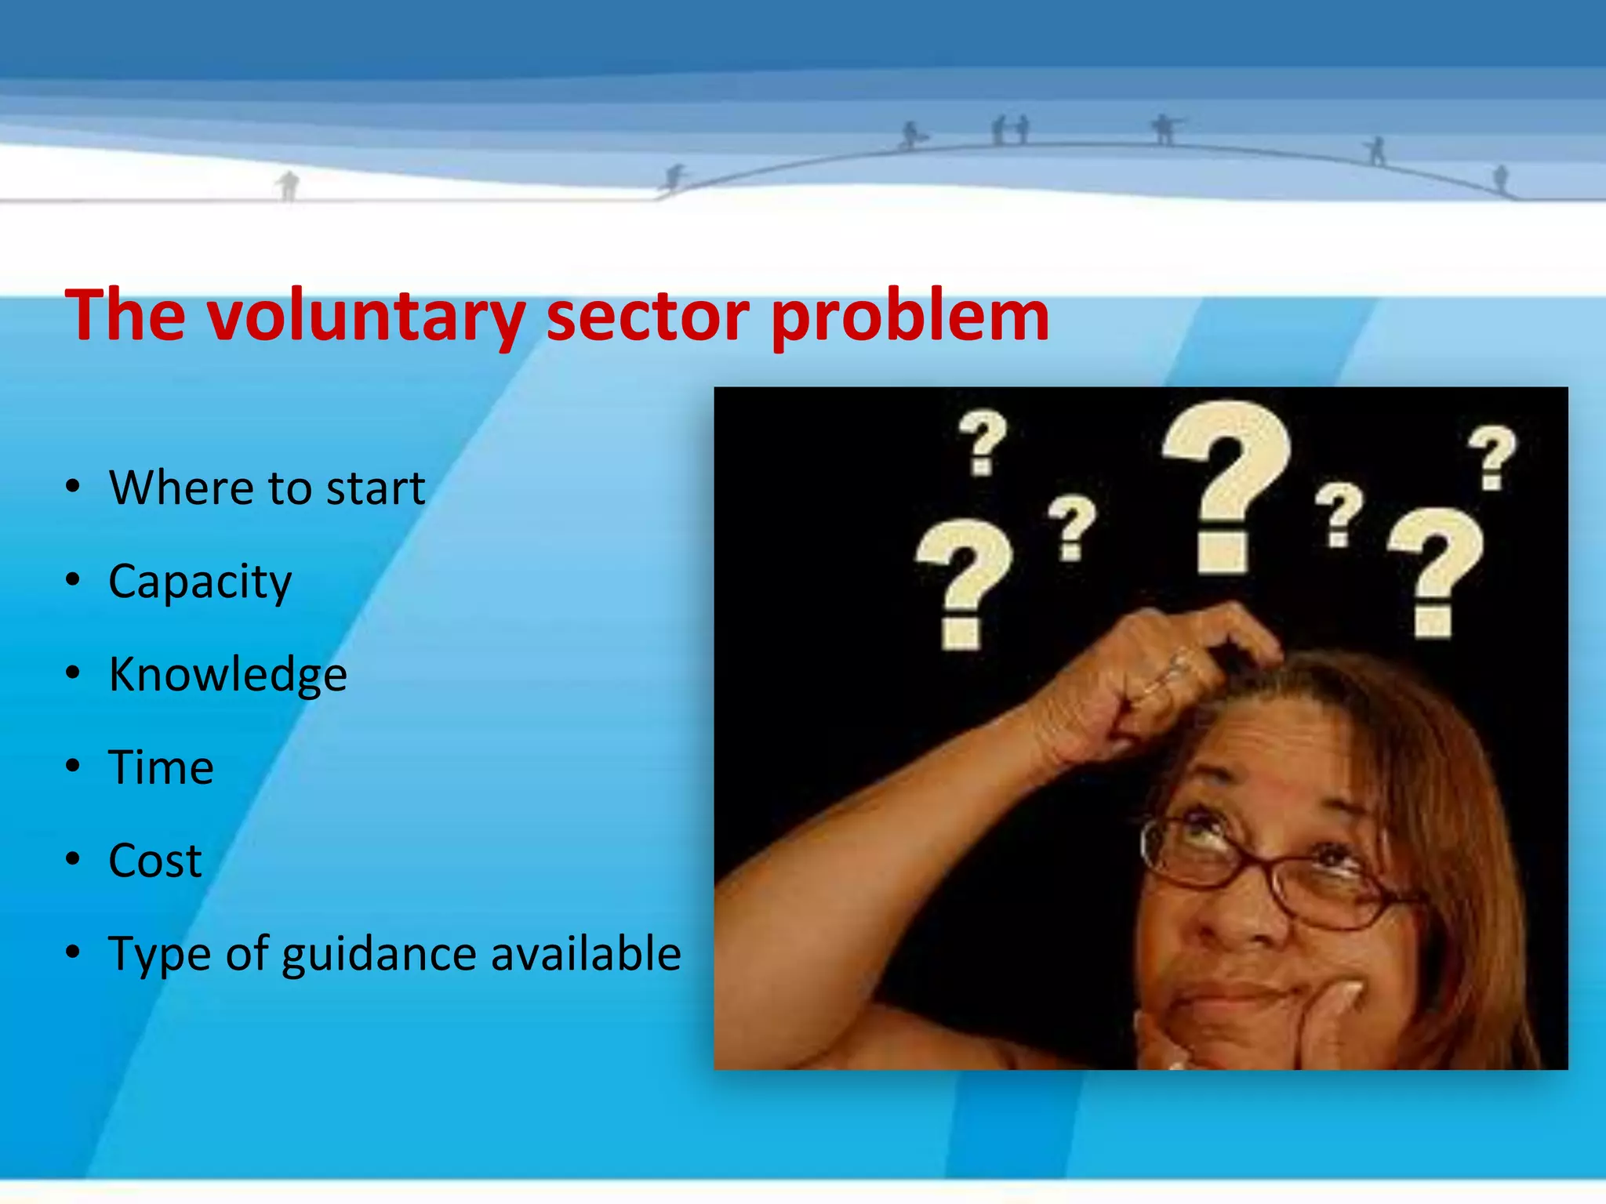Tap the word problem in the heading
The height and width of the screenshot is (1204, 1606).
tap(910, 317)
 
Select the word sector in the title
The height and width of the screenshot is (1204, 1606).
tap(648, 317)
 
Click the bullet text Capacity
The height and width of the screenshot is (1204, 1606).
tap(200, 582)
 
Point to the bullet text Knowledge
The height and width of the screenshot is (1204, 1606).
tap(227, 674)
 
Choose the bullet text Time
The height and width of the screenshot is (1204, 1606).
tap(161, 767)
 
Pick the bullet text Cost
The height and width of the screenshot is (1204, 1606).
tap(155, 861)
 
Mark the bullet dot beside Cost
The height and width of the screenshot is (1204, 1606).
tap(73, 860)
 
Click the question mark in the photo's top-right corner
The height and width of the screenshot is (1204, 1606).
tap(1492, 457)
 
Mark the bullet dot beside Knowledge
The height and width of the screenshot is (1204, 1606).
tap(73, 673)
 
